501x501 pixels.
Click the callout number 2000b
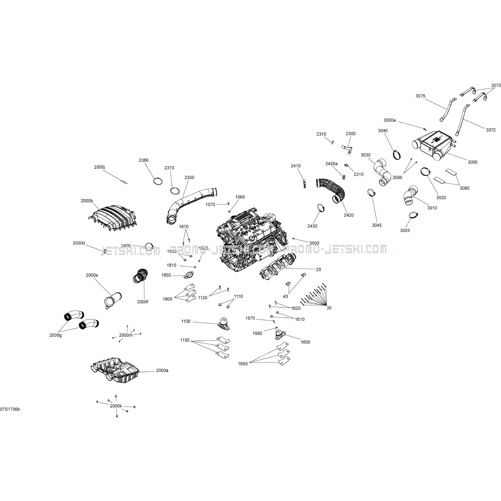87,201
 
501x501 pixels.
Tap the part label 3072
491,130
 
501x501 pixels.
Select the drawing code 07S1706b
10,409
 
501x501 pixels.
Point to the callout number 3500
314,243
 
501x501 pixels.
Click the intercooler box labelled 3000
435,145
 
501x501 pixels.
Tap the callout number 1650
243,364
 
